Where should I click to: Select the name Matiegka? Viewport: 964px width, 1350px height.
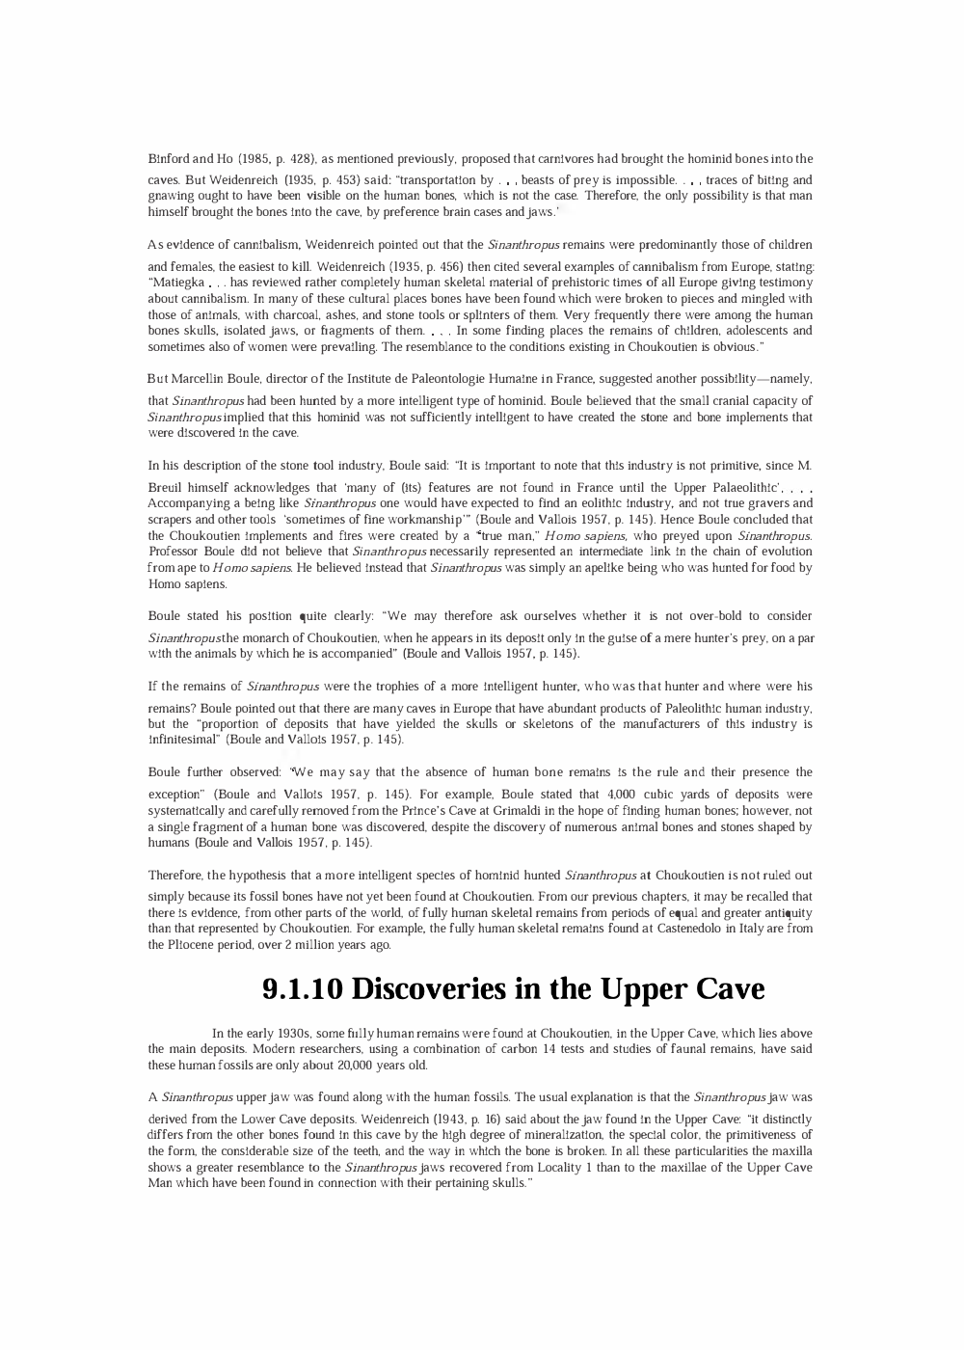tap(176, 283)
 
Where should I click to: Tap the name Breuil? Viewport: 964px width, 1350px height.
tap(167, 488)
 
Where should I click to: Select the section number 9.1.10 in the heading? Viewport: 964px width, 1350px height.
tap(302, 989)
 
